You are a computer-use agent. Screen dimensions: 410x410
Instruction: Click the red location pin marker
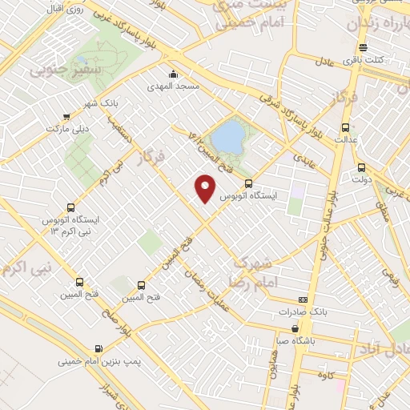click(x=206, y=188)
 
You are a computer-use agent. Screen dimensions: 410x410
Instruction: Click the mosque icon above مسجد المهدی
click(x=174, y=74)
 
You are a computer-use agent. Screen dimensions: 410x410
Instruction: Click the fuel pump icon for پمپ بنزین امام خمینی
click(x=98, y=349)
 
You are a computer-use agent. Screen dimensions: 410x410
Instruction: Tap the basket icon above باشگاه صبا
click(x=297, y=328)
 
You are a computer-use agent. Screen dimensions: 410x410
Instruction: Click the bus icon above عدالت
click(x=345, y=127)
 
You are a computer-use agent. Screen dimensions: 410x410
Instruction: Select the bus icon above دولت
click(x=362, y=168)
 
